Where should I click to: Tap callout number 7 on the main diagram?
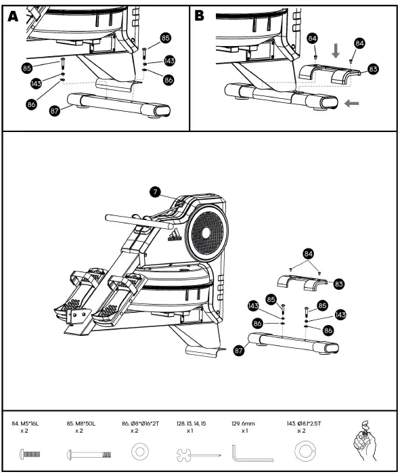(x=155, y=192)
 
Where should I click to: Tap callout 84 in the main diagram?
(x=309, y=253)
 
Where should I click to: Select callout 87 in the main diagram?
(x=238, y=351)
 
